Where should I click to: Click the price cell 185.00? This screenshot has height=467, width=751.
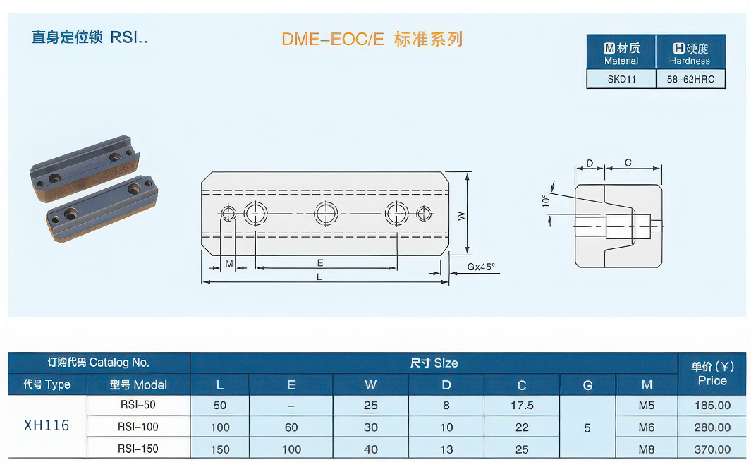pos(712,406)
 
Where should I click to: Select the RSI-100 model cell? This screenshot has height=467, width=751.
pos(138,427)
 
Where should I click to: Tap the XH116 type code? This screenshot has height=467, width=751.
pos(47,425)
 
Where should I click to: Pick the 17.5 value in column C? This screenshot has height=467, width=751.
pos(521,406)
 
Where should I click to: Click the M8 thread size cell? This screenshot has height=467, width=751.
pos(646,449)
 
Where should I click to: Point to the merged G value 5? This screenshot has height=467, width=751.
pos(587,427)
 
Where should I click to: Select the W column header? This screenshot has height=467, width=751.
pos(370,385)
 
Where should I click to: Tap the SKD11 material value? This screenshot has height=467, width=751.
pos(621,79)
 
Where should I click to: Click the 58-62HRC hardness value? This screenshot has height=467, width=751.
pos(690,79)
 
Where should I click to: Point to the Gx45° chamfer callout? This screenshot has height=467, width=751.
pos(481,267)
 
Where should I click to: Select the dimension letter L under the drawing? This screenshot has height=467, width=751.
pos(319,277)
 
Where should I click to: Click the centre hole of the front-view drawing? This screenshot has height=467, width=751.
pos(325,212)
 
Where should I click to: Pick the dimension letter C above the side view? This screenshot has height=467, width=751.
pos(628,163)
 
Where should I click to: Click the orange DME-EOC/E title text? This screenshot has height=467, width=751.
pos(333,39)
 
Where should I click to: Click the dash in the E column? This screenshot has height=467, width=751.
pos(291,406)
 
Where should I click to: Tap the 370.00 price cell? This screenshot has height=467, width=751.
pos(712,449)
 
